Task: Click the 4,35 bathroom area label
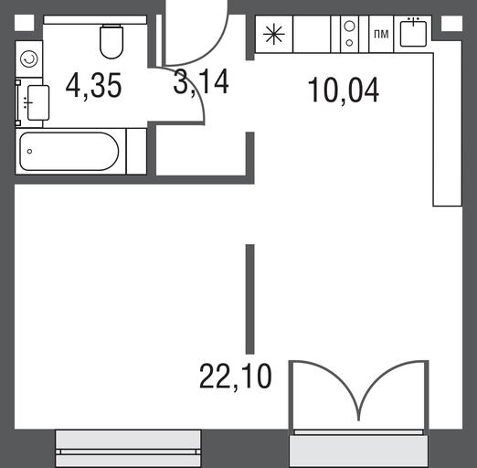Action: pyautogui.click(x=93, y=86)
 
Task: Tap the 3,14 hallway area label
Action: pyautogui.click(x=201, y=81)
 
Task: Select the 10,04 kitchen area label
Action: pyautogui.click(x=344, y=90)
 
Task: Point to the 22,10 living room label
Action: pyautogui.click(x=235, y=377)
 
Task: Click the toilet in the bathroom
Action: pyautogui.click(x=111, y=41)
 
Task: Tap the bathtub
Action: pyautogui.click(x=69, y=152)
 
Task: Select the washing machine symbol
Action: pyautogui.click(x=29, y=58)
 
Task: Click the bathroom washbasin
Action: pyautogui.click(x=37, y=102)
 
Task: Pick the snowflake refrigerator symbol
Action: pyautogui.click(x=274, y=34)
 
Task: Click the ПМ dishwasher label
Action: pyautogui.click(x=381, y=34)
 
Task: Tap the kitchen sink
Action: pyautogui.click(x=413, y=32)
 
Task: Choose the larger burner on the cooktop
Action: pyautogui.click(x=350, y=27)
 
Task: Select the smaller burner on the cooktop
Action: pyautogui.click(x=350, y=43)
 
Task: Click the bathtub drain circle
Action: pyautogui.click(x=29, y=151)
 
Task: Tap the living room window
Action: pyautogui.click(x=128, y=448)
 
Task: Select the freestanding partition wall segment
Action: pyautogui.click(x=250, y=299)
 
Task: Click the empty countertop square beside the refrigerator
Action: pyautogui.click(x=312, y=34)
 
